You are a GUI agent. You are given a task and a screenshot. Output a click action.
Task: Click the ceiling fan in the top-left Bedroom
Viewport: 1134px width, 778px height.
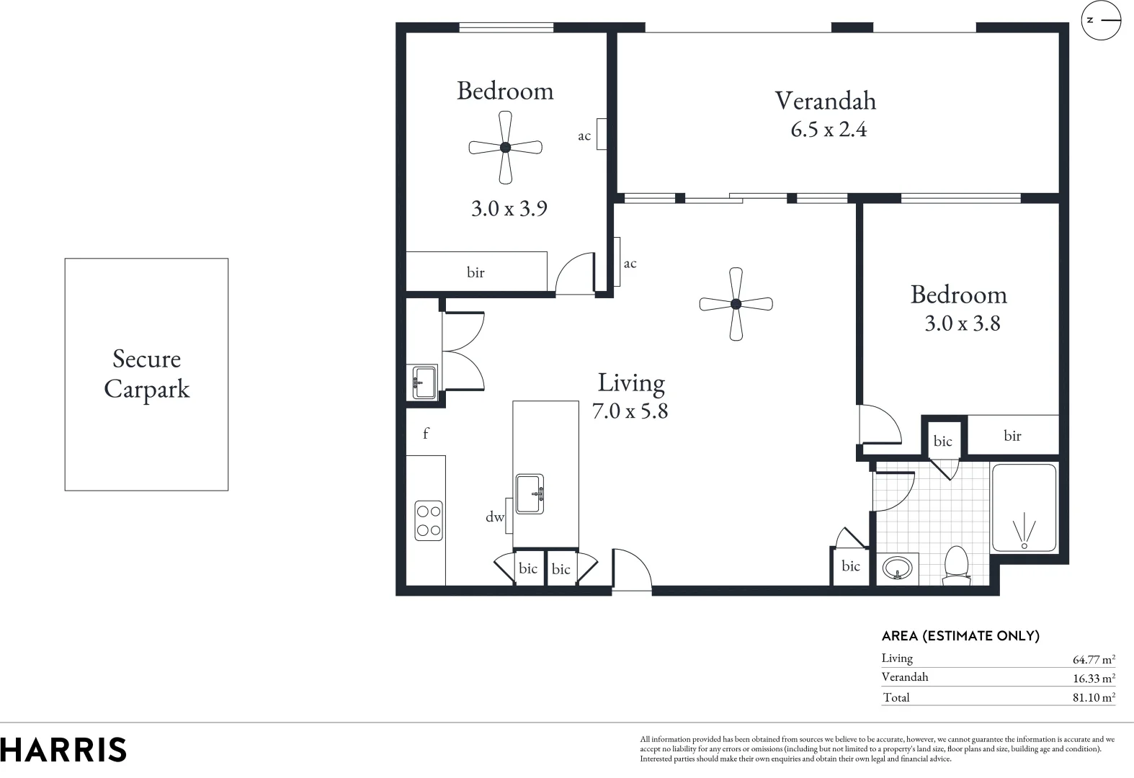click(505, 147)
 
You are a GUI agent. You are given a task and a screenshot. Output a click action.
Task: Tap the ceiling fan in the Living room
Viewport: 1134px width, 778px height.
click(736, 304)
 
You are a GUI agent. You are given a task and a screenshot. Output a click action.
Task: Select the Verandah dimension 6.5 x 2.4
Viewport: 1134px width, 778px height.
click(829, 130)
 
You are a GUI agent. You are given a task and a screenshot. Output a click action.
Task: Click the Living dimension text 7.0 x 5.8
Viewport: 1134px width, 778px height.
click(630, 411)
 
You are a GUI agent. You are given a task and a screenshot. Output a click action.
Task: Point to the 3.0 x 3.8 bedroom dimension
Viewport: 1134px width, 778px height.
click(962, 323)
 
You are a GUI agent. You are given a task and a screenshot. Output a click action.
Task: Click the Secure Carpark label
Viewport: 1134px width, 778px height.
click(146, 374)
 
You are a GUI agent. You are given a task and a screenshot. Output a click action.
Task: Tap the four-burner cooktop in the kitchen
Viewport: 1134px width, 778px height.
click(429, 521)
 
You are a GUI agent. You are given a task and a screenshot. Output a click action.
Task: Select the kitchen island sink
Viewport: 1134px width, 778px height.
click(530, 493)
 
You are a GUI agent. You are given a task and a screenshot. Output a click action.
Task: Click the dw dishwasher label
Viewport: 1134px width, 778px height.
click(494, 517)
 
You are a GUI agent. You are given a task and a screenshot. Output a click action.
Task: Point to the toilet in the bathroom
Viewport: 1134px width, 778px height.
click(956, 565)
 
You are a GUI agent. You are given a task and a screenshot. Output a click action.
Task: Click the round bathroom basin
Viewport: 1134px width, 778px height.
click(897, 568)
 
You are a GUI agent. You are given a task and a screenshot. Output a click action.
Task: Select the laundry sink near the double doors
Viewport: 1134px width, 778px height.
click(424, 382)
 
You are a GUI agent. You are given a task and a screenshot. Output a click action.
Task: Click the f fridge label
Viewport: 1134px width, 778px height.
click(426, 434)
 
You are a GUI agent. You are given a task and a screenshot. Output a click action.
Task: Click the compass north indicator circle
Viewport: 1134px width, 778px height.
click(1102, 20)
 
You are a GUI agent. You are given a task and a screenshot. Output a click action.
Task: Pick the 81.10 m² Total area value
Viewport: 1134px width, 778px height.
click(1094, 697)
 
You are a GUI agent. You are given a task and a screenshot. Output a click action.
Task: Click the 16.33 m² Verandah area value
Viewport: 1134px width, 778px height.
click(1094, 678)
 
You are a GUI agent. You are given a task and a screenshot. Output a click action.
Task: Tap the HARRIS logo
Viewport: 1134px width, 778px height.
click(63, 750)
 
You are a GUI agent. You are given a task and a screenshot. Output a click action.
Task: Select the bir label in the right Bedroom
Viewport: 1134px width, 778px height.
click(1012, 435)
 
